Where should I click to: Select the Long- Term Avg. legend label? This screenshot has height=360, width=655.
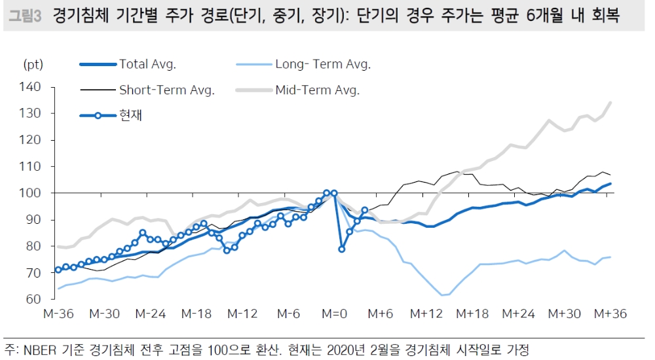click(x=322, y=64)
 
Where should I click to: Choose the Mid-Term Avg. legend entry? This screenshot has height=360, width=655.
click(x=317, y=90)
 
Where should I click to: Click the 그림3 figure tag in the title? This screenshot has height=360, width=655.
click(x=26, y=16)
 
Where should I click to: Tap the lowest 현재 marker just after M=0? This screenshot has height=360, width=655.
click(x=342, y=249)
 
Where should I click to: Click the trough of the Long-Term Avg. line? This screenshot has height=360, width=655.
click(x=442, y=295)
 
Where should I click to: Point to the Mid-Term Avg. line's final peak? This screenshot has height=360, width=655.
click(x=610, y=102)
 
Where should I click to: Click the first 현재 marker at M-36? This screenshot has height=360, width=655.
click(x=58, y=270)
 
